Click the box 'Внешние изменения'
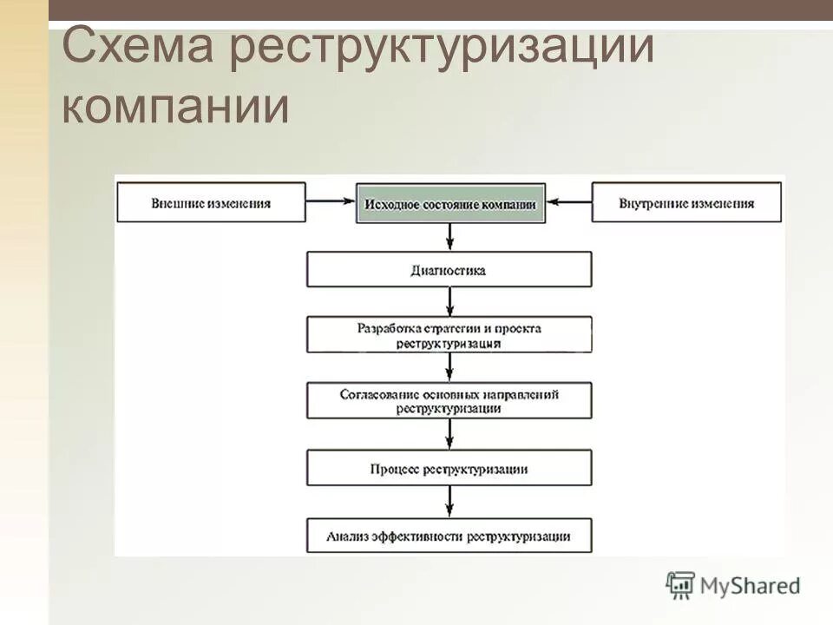point(211,203)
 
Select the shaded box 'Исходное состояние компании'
point(450,203)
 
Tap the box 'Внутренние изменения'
point(686,203)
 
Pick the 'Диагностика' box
point(449,270)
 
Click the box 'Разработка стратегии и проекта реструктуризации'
point(449,335)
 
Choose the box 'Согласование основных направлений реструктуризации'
point(449,400)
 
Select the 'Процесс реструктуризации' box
point(449,468)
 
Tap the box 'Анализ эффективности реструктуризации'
point(449,536)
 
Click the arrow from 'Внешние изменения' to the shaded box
point(331,203)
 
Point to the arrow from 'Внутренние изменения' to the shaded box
point(569,203)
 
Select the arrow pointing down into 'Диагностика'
point(449,238)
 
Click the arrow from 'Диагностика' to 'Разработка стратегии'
point(449,302)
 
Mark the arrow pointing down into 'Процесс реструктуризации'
point(449,434)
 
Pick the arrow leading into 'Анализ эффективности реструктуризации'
point(449,502)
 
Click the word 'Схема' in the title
point(139,48)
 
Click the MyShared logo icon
point(681,585)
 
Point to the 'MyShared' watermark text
point(750,586)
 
